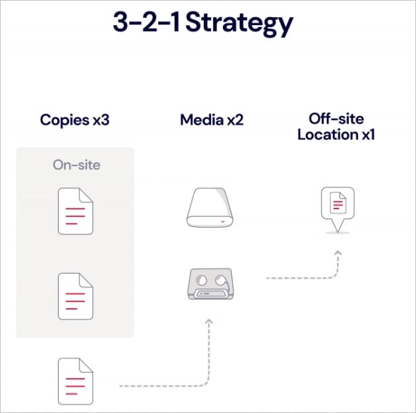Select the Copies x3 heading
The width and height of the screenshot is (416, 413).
point(75,120)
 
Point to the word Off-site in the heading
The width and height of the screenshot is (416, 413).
point(337,119)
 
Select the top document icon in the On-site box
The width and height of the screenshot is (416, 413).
point(75,210)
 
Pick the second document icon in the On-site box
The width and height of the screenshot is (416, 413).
point(75,296)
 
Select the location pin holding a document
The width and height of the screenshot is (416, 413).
point(337,206)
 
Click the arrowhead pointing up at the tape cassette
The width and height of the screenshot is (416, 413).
point(209,321)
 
